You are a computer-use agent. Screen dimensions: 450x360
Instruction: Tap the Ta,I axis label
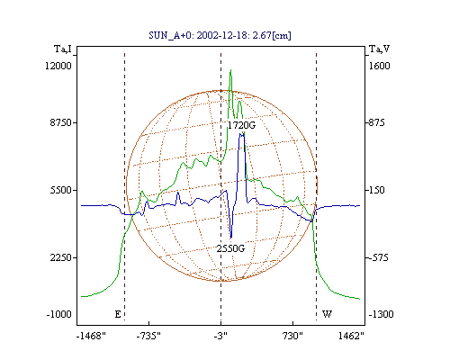tap(63, 49)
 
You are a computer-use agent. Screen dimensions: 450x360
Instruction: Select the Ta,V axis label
tap(379, 49)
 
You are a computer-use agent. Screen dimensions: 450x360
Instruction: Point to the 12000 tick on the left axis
tap(58, 66)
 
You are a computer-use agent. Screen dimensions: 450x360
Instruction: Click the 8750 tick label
tap(61, 122)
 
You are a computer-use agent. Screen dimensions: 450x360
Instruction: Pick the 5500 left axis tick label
tap(61, 190)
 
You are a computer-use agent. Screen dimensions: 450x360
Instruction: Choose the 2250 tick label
tap(61, 257)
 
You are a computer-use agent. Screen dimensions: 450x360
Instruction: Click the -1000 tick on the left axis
tap(58, 314)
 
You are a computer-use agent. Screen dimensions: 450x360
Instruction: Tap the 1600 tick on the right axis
tap(379, 66)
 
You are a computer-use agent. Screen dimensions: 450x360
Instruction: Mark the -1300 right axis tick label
tap(381, 314)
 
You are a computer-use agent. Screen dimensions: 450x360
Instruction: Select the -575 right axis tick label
tap(379, 257)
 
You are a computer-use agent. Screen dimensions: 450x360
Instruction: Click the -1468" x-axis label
tap(91, 336)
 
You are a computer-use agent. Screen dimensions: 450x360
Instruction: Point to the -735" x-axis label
tap(148, 336)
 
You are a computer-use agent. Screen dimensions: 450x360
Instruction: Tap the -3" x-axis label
tap(220, 336)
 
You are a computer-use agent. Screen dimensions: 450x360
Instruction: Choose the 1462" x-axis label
tap(351, 336)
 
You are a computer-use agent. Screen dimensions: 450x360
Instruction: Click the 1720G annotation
tap(241, 125)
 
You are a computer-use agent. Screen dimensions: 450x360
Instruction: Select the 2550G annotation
tap(230, 248)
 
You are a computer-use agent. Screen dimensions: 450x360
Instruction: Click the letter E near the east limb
tap(118, 314)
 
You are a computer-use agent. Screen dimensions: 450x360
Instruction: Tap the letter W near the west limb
tap(327, 314)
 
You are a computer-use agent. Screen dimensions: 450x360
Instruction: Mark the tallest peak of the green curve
tap(230, 70)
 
